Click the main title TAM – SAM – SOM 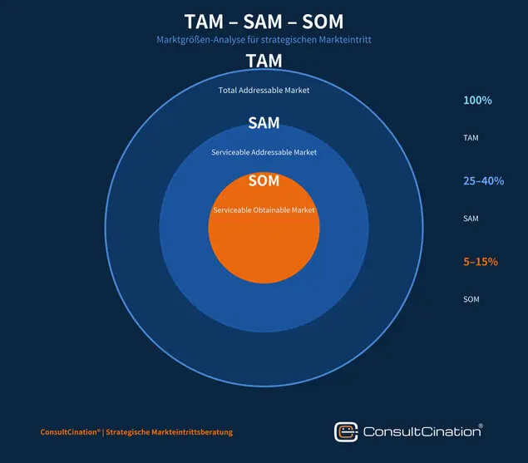click(x=264, y=22)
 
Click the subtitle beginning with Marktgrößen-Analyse click(x=264, y=40)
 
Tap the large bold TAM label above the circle click(x=264, y=61)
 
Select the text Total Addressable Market click(x=264, y=91)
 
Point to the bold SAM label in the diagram click(x=264, y=123)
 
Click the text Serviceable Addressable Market click(x=264, y=152)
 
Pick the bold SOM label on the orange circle click(x=264, y=181)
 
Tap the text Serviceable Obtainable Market click(x=264, y=210)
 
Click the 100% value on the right click(x=477, y=100)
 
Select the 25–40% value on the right click(x=484, y=181)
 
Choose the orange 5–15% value click(x=481, y=262)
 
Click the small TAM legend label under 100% click(x=471, y=138)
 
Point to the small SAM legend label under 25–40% click(x=471, y=219)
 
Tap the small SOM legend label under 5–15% click(x=471, y=299)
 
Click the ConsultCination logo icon click(x=346, y=432)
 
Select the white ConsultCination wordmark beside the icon click(x=423, y=431)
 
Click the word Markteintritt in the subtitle click(x=345, y=40)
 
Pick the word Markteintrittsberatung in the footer click(x=192, y=432)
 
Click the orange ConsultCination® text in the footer click(x=71, y=432)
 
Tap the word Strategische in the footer click(x=127, y=432)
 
